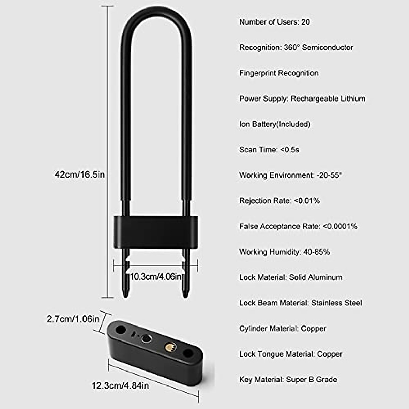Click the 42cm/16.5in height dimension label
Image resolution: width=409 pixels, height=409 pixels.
80,175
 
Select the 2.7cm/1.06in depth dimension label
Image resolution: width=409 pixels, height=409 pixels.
73,319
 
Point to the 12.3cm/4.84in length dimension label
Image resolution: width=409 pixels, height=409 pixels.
120,385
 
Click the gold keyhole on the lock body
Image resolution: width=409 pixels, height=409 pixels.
170,347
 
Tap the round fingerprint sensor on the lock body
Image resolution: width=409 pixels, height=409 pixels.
146,338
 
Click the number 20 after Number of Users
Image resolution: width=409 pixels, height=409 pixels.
305,22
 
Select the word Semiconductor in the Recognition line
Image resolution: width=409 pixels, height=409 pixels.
328,47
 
